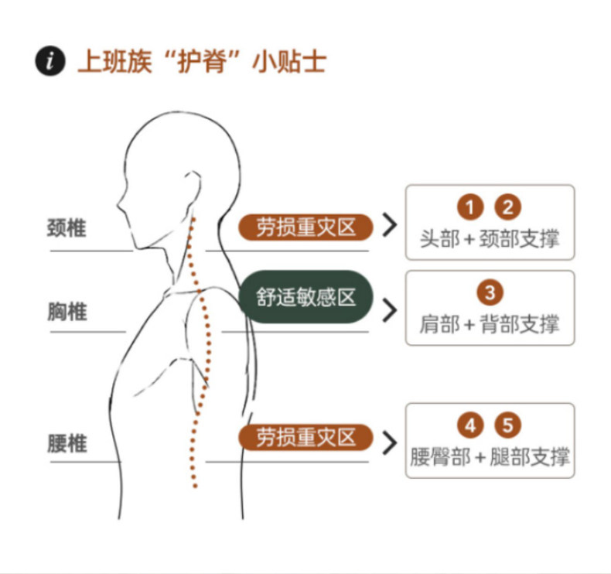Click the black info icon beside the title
50,61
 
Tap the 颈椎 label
67,229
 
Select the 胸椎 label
67,312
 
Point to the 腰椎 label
67,443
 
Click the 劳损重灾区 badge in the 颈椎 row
305,227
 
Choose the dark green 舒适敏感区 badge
305,297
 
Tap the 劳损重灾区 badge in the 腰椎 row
305,437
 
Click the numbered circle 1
469,207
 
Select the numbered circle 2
508,207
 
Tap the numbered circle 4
469,425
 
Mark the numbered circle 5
508,425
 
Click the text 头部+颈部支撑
490,238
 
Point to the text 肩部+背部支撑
490,324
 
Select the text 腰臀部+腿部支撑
490,456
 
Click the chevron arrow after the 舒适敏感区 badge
390,309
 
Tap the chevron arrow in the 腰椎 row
390,439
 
